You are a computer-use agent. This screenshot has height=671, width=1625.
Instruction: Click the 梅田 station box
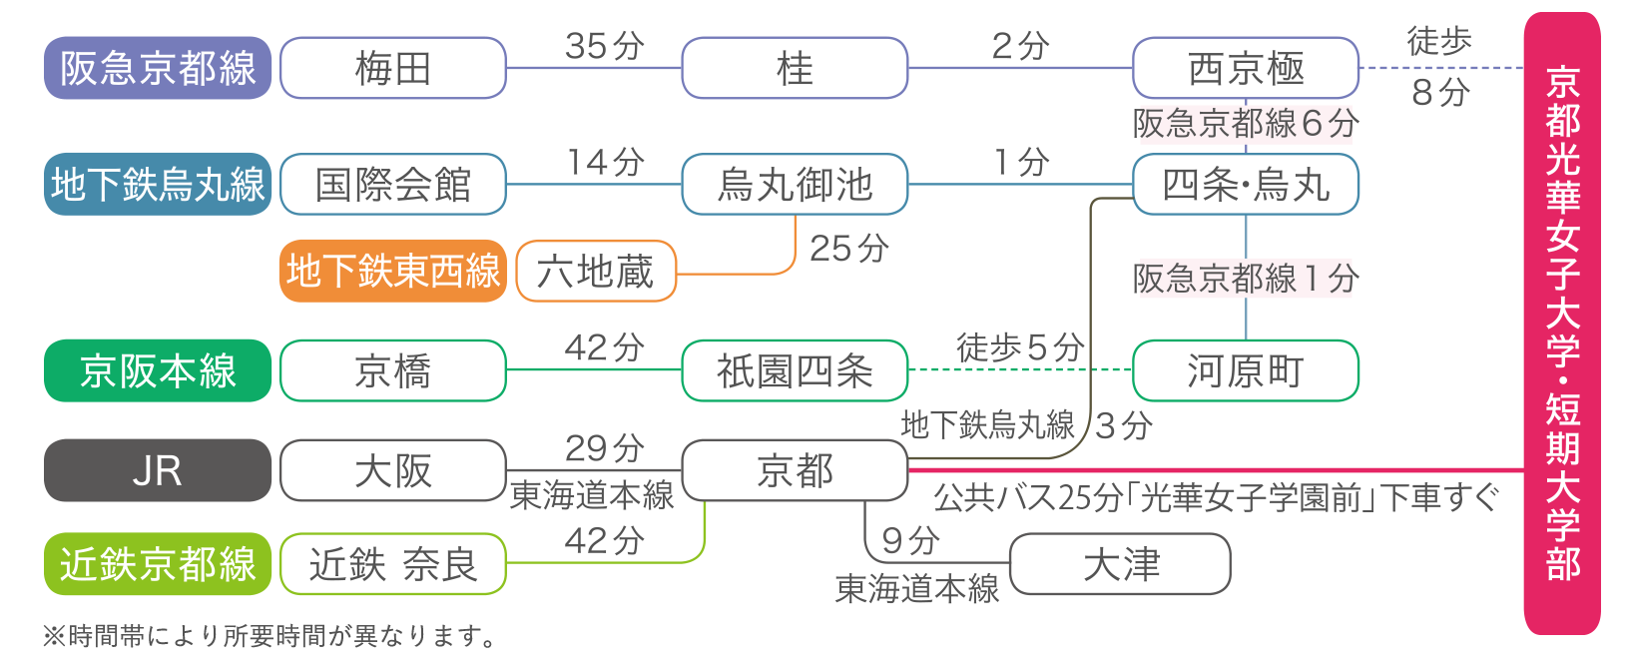click(393, 68)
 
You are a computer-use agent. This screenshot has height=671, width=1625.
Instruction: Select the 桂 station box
click(795, 68)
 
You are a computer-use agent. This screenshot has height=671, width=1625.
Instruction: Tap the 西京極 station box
click(1246, 68)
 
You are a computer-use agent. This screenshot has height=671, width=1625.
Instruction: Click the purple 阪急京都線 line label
click(158, 68)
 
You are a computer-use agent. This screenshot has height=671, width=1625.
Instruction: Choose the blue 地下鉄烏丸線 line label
click(158, 184)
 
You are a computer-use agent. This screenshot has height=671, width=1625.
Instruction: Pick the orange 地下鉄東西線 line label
click(393, 271)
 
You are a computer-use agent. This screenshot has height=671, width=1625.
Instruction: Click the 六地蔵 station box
click(596, 271)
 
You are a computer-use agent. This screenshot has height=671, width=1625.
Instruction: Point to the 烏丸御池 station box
click(795, 184)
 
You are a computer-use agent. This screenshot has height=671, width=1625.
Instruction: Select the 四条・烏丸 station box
click(1246, 184)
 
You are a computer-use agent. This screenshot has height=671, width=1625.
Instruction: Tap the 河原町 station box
click(1246, 370)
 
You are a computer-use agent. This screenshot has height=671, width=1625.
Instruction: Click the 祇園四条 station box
click(795, 370)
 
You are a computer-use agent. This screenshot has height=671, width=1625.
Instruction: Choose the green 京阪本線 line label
click(158, 370)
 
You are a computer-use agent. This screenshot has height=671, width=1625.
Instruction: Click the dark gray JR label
click(158, 470)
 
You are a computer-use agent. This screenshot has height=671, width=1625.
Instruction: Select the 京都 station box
click(795, 470)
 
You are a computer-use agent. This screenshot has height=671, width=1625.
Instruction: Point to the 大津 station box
click(1120, 564)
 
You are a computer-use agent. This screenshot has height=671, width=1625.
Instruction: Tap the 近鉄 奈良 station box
click(393, 564)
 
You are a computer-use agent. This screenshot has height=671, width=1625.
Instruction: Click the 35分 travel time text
click(605, 46)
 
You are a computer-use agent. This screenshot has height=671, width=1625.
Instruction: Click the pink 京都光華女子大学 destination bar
click(1562, 323)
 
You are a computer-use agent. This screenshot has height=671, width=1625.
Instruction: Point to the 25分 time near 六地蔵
click(848, 248)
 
